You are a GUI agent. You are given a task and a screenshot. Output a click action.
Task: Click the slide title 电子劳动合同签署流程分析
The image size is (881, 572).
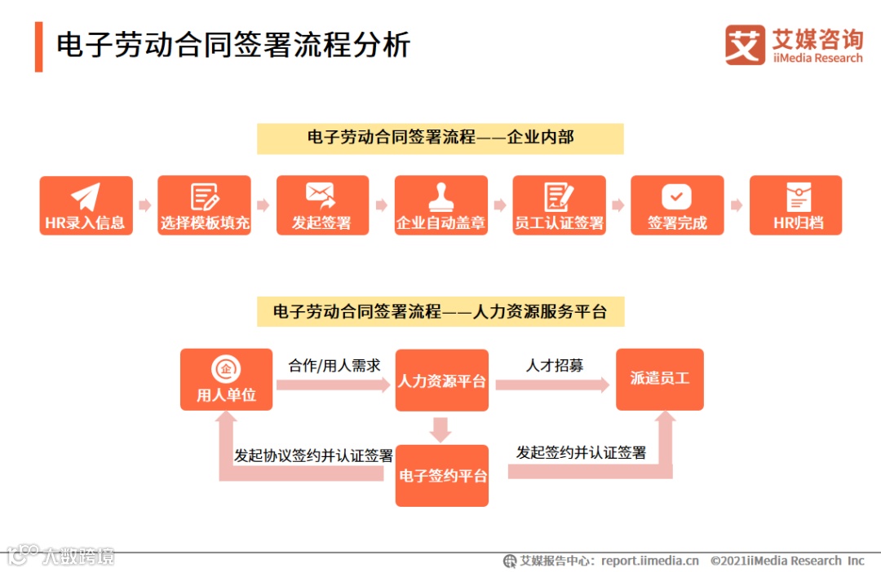click(232, 45)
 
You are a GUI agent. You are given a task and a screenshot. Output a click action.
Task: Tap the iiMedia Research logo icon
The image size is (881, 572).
click(745, 45)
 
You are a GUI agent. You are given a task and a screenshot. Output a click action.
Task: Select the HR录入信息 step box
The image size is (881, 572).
click(86, 205)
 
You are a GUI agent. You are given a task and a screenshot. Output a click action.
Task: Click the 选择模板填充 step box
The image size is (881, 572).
click(204, 205)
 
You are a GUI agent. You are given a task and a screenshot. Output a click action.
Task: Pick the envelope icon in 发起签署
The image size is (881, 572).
click(321, 195)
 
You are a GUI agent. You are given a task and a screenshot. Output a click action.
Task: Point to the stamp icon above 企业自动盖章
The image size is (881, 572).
click(440, 196)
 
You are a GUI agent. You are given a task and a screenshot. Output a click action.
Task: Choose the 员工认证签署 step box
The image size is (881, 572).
click(559, 205)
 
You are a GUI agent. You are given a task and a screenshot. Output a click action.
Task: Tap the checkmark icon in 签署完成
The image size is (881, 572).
click(676, 196)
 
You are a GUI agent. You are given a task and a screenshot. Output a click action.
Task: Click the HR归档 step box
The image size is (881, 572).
click(795, 205)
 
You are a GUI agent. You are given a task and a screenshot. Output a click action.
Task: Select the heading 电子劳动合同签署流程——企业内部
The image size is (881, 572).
click(440, 138)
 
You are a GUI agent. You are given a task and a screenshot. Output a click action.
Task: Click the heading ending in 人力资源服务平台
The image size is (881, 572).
click(440, 311)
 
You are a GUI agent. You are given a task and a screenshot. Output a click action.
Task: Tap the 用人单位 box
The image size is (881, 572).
click(226, 380)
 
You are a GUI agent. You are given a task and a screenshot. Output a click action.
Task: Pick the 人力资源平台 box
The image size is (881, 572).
click(441, 381)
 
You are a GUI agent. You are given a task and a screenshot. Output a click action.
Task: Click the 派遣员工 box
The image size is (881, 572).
click(659, 379)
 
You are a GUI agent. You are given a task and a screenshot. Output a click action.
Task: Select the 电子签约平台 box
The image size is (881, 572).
click(441, 475)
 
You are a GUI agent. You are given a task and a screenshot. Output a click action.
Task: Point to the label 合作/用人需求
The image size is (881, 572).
click(334, 366)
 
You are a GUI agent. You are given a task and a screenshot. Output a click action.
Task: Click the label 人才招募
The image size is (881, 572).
click(555, 366)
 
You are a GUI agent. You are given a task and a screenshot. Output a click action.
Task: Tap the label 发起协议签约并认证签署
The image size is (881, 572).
click(313, 455)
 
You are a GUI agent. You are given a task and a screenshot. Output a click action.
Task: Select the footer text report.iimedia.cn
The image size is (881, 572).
click(650, 561)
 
